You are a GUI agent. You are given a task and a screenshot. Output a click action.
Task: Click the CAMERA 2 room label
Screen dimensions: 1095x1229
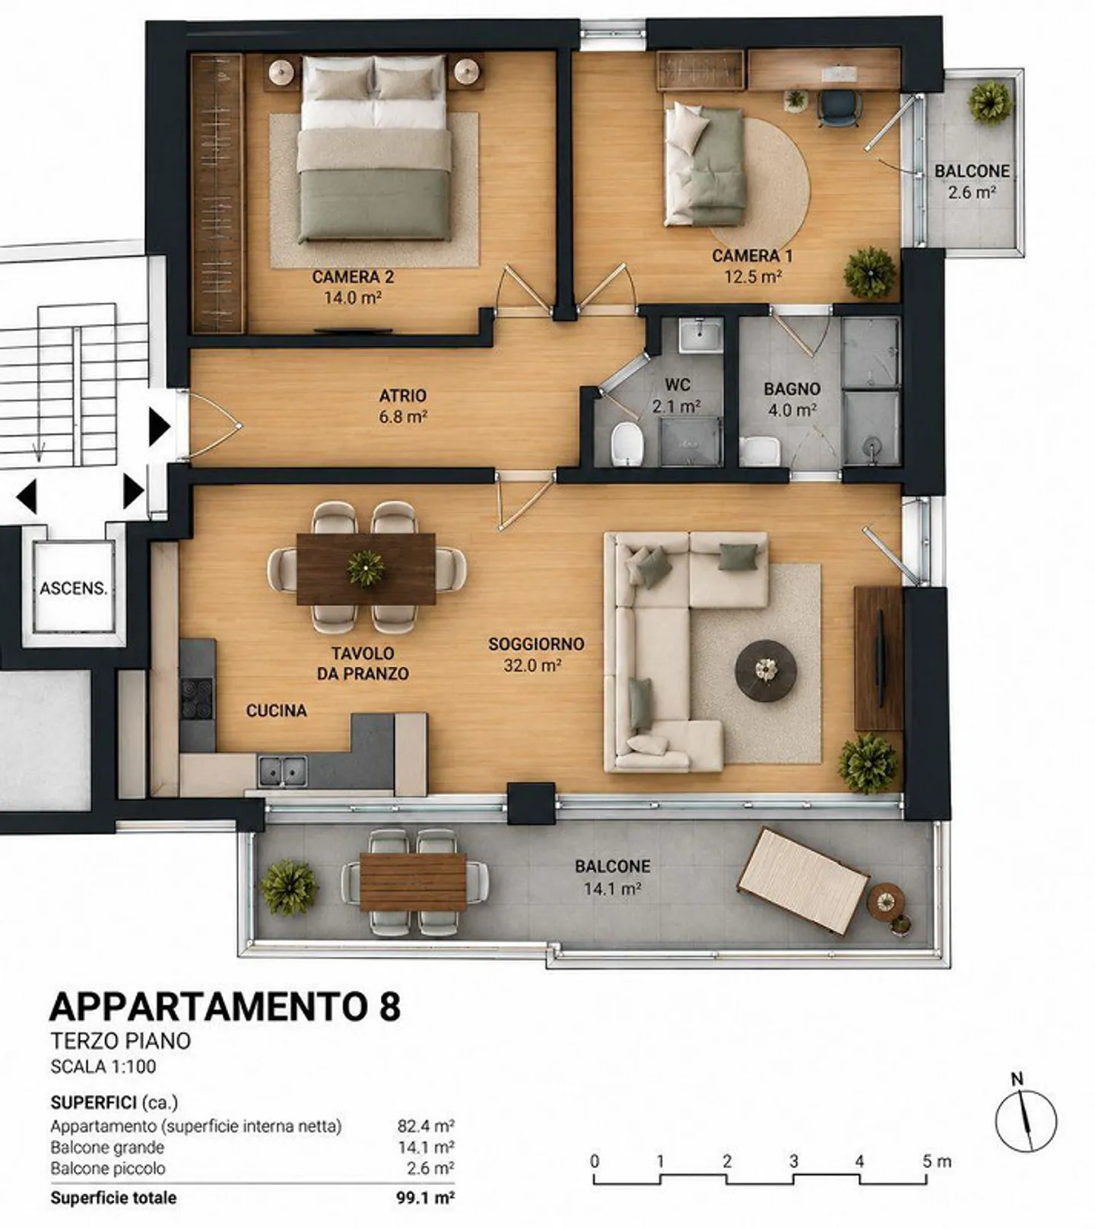coord(353,277)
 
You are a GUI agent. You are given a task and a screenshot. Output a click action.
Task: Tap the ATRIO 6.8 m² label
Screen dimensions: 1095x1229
coord(403,406)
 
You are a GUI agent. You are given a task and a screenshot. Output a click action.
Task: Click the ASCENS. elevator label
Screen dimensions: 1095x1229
coord(74,588)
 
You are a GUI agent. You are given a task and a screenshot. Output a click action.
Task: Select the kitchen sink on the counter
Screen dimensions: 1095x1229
coord(282,771)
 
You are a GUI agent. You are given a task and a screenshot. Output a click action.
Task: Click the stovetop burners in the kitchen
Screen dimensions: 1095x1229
coord(197,697)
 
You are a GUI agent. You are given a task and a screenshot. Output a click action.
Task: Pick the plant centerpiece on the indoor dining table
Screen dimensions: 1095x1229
coord(366,567)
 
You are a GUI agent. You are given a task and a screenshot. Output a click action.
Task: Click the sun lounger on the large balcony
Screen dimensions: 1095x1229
coord(803,881)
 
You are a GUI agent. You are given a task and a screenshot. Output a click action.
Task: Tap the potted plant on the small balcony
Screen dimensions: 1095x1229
coord(991,102)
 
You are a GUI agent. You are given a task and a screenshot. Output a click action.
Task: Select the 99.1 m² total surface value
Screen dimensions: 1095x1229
coord(425,1198)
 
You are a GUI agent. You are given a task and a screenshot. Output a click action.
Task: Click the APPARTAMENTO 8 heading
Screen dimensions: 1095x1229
coord(225,1006)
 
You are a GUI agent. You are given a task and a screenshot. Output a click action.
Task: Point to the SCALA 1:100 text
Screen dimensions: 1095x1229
coord(103,1066)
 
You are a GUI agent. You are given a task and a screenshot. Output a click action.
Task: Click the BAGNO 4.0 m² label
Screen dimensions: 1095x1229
coord(792,399)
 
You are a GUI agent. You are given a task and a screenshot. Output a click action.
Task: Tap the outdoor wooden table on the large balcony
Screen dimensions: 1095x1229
coord(413,881)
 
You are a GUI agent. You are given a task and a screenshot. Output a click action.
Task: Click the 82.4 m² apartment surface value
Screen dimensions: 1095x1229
coord(426,1126)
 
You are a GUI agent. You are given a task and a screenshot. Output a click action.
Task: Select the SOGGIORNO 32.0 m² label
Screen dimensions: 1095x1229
coord(536,655)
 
